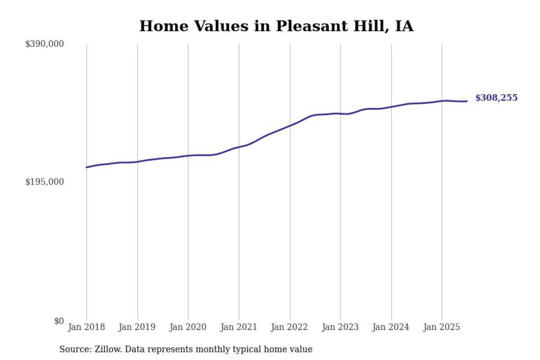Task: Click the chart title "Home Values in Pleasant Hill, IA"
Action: [276, 26]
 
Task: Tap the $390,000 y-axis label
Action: [45, 44]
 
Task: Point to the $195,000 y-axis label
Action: [45, 182]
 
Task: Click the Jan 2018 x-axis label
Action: [86, 328]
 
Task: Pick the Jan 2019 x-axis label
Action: [137, 328]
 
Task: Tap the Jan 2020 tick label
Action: [188, 328]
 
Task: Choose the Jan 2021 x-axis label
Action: [239, 328]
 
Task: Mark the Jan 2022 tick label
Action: [290, 328]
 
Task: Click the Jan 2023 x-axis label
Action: [340, 328]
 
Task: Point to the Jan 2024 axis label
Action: [391, 328]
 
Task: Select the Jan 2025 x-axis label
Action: [442, 328]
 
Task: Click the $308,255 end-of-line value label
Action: [496, 98]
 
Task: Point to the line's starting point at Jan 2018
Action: [86, 167]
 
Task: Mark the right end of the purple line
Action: [467, 101]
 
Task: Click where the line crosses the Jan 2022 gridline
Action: [290, 125]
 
